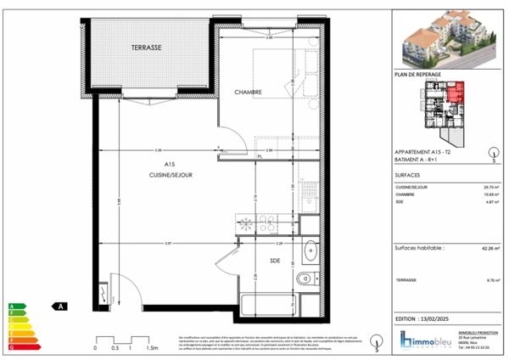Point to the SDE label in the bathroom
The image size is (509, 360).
pos(275,260)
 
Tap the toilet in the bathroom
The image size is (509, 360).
pos(304,280)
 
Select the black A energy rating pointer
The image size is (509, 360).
pos(59,307)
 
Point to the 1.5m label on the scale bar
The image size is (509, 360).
pos(154,348)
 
